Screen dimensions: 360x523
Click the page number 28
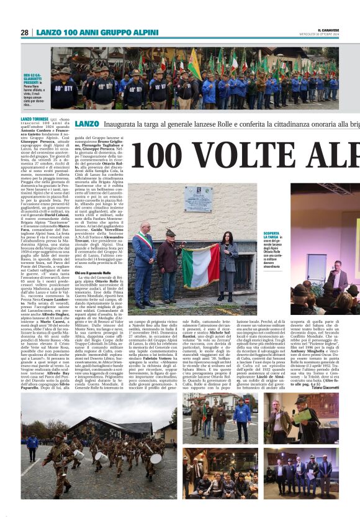tap(25, 32)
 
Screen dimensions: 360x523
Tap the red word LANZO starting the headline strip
tap(86, 124)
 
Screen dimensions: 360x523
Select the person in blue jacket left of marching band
tap(31, 443)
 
